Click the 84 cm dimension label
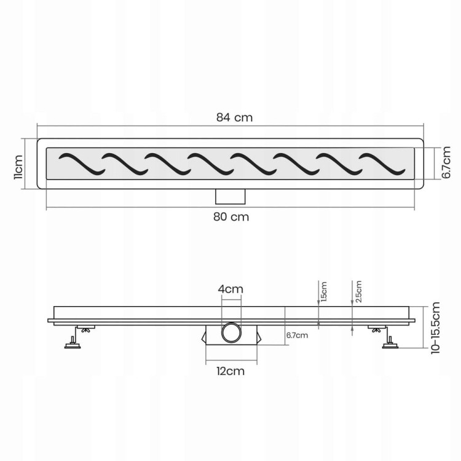click(x=234, y=117)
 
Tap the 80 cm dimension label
click(x=231, y=217)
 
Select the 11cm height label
click(x=18, y=167)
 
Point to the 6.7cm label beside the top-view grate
click(x=446, y=163)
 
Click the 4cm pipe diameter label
click(x=230, y=290)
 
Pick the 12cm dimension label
click(x=230, y=371)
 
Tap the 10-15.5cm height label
click(x=435, y=328)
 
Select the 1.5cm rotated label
click(x=324, y=292)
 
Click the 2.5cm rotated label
click(x=358, y=291)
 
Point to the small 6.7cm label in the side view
click(x=297, y=335)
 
